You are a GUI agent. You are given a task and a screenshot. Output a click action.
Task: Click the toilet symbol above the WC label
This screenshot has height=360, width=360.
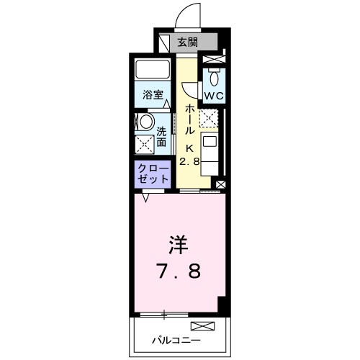214,75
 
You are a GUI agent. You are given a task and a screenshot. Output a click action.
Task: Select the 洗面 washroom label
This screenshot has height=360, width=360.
162,137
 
